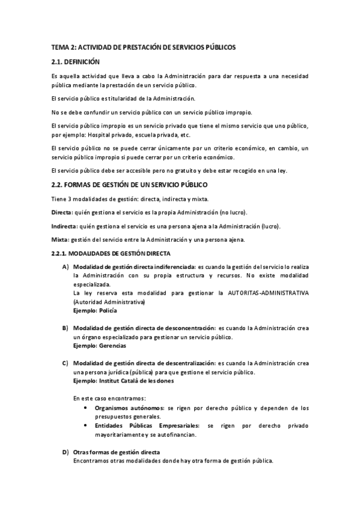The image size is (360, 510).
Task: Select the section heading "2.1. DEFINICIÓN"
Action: (76, 61)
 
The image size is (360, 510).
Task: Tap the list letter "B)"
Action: (65, 329)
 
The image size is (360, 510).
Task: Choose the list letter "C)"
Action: (65, 364)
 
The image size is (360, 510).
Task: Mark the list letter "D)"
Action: (65, 452)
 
